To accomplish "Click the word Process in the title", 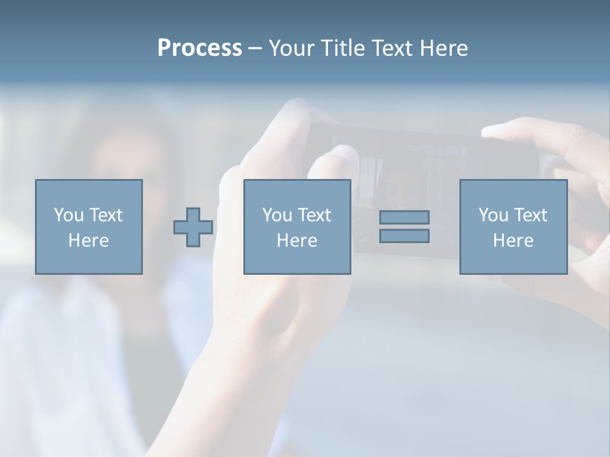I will [x=200, y=48].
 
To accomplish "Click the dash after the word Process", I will [x=255, y=49].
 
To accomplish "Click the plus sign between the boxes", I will [x=193, y=227].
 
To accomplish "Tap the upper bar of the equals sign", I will [x=404, y=217].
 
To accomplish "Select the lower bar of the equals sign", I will [x=404, y=236].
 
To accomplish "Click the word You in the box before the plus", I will [x=68, y=215].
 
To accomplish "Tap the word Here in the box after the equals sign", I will [x=513, y=241].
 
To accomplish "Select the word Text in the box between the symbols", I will [x=314, y=215].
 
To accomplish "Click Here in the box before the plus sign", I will [x=88, y=241].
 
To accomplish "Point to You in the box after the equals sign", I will [x=493, y=215].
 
